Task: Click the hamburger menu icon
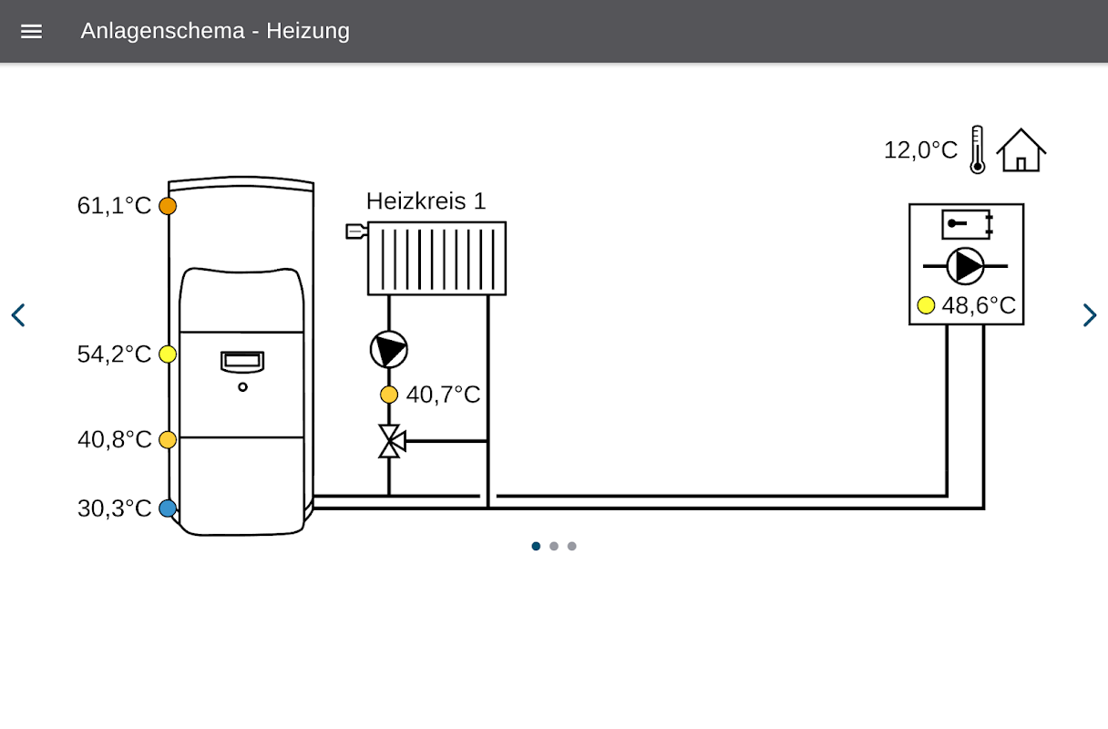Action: click(x=31, y=32)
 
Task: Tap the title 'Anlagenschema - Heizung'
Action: click(x=215, y=31)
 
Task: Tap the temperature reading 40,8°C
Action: click(x=114, y=439)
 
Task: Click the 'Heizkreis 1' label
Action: click(x=426, y=201)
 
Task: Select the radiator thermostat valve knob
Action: click(x=356, y=231)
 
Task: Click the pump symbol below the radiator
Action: click(x=389, y=349)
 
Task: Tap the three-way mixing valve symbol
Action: click(x=392, y=441)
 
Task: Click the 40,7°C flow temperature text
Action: click(x=443, y=395)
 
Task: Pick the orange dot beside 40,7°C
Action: click(x=389, y=395)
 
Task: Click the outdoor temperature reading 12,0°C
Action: click(x=920, y=149)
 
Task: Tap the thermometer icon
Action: click(x=978, y=149)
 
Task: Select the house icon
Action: click(x=1021, y=149)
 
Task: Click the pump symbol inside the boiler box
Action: click(x=965, y=266)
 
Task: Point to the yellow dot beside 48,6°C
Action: click(x=926, y=305)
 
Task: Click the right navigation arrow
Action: click(x=1090, y=315)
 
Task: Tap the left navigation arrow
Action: click(x=18, y=315)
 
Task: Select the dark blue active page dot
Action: click(x=536, y=546)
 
